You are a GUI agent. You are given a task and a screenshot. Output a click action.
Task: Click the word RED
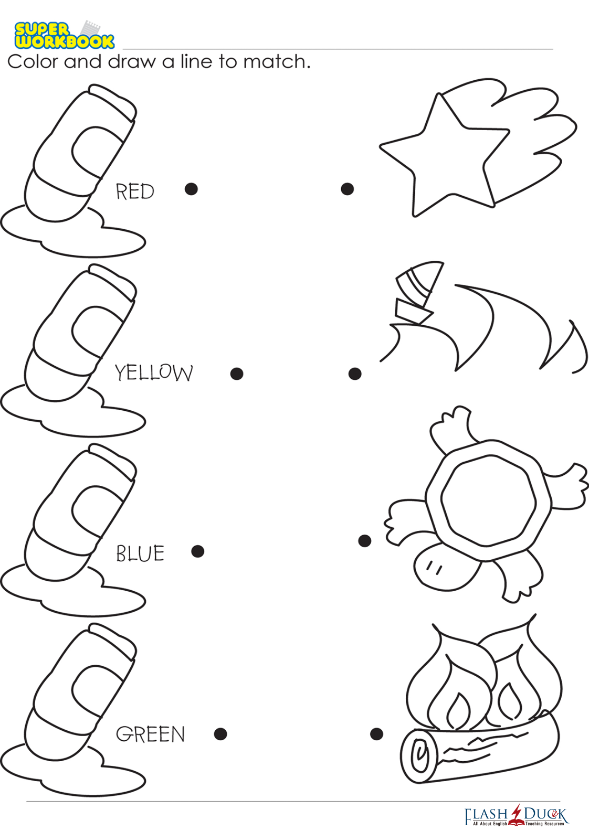(135, 191)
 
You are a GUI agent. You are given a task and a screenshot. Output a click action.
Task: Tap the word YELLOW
(154, 372)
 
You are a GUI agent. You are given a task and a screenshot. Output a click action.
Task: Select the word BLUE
(140, 553)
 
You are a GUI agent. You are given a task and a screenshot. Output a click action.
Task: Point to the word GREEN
(150, 734)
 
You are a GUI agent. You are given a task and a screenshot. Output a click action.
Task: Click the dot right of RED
(191, 189)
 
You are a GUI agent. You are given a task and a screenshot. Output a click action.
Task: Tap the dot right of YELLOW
(237, 374)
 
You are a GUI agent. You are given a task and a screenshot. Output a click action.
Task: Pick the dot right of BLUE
(198, 551)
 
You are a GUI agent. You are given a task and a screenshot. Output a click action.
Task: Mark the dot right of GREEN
(220, 733)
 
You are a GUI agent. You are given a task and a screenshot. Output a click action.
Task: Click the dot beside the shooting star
(347, 189)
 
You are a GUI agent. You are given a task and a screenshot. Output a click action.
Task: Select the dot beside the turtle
(364, 540)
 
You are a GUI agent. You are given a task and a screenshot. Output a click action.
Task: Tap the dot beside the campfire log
(376, 733)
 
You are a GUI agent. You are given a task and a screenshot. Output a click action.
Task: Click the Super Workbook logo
(64, 35)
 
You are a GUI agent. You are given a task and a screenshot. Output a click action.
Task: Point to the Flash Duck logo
(517, 816)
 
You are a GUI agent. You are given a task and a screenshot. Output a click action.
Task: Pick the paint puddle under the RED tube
(72, 232)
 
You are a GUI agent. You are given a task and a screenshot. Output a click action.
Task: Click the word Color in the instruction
(33, 61)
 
